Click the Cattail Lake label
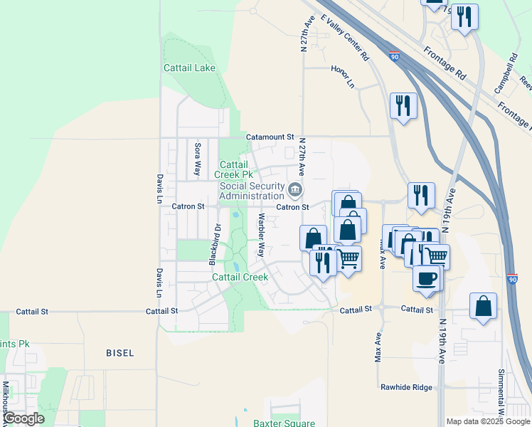click(189, 68)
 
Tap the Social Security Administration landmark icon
click(295, 190)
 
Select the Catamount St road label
click(270, 136)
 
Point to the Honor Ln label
click(342, 75)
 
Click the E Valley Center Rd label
click(345, 36)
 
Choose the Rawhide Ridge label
click(407, 387)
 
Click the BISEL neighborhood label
click(119, 353)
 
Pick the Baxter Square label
click(284, 423)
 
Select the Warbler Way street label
click(261, 235)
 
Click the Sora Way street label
click(197, 159)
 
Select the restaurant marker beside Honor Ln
click(403, 106)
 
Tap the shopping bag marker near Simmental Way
click(483, 306)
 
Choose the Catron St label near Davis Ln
click(188, 206)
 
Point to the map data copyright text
click(488, 421)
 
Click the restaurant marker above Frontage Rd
click(464, 17)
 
